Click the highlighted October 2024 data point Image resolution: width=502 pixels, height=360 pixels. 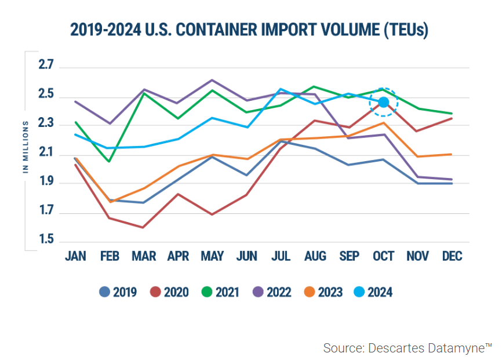coord(383,102)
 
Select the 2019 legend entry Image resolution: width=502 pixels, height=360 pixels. coord(118,292)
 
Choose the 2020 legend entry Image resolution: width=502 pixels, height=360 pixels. coord(170,292)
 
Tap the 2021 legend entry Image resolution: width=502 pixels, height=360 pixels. coord(220,292)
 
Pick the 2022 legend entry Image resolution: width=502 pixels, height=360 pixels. coord(272,292)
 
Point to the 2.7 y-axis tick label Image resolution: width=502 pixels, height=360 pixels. coord(46,65)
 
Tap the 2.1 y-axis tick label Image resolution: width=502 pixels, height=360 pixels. coord(46,153)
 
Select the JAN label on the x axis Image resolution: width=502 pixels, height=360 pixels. coord(77,256)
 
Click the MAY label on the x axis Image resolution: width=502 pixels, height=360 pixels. coord(212,256)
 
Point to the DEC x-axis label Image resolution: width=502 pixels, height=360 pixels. coord(452,256)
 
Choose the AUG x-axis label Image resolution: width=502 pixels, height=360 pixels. coord(315,256)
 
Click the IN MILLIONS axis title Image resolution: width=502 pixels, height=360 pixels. coord(26,147)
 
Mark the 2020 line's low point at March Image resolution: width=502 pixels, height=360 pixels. coord(143,227)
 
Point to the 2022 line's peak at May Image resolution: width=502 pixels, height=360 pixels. coord(212,80)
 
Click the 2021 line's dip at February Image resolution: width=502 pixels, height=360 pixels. coord(109,161)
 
